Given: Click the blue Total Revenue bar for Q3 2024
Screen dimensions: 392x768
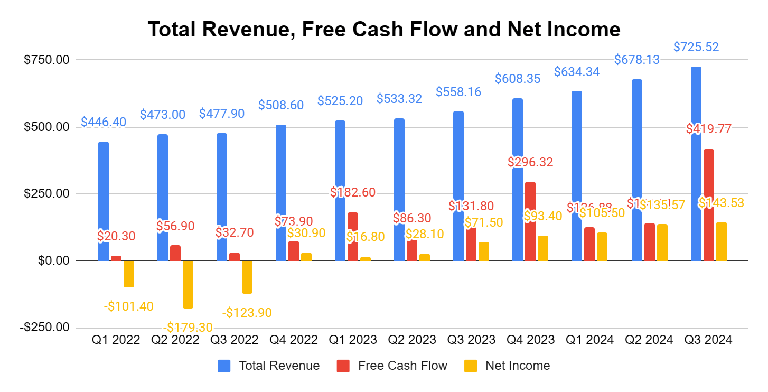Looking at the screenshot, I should coord(696,164).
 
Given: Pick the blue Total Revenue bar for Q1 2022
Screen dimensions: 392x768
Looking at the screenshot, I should coord(104,201).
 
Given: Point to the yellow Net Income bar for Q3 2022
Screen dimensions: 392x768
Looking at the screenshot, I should coord(247,277).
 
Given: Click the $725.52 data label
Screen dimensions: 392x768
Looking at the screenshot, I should coord(696,47).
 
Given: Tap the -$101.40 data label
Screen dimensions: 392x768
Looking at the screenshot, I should coord(129,306).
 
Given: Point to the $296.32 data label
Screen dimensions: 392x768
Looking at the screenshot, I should coord(530,162).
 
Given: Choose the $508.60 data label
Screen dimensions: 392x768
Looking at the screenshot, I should coord(281,105).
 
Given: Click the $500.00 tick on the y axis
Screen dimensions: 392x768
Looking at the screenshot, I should coord(47,127).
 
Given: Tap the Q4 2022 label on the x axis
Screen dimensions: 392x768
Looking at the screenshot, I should coord(294,340).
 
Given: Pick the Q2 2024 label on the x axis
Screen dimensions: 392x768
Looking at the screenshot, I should coord(649,340).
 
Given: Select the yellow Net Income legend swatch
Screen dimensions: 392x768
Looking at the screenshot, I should coord(470,366).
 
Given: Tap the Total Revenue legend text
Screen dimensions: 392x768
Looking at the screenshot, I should coord(279,366).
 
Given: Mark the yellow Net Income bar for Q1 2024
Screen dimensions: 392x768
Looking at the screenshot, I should coord(602,246).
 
